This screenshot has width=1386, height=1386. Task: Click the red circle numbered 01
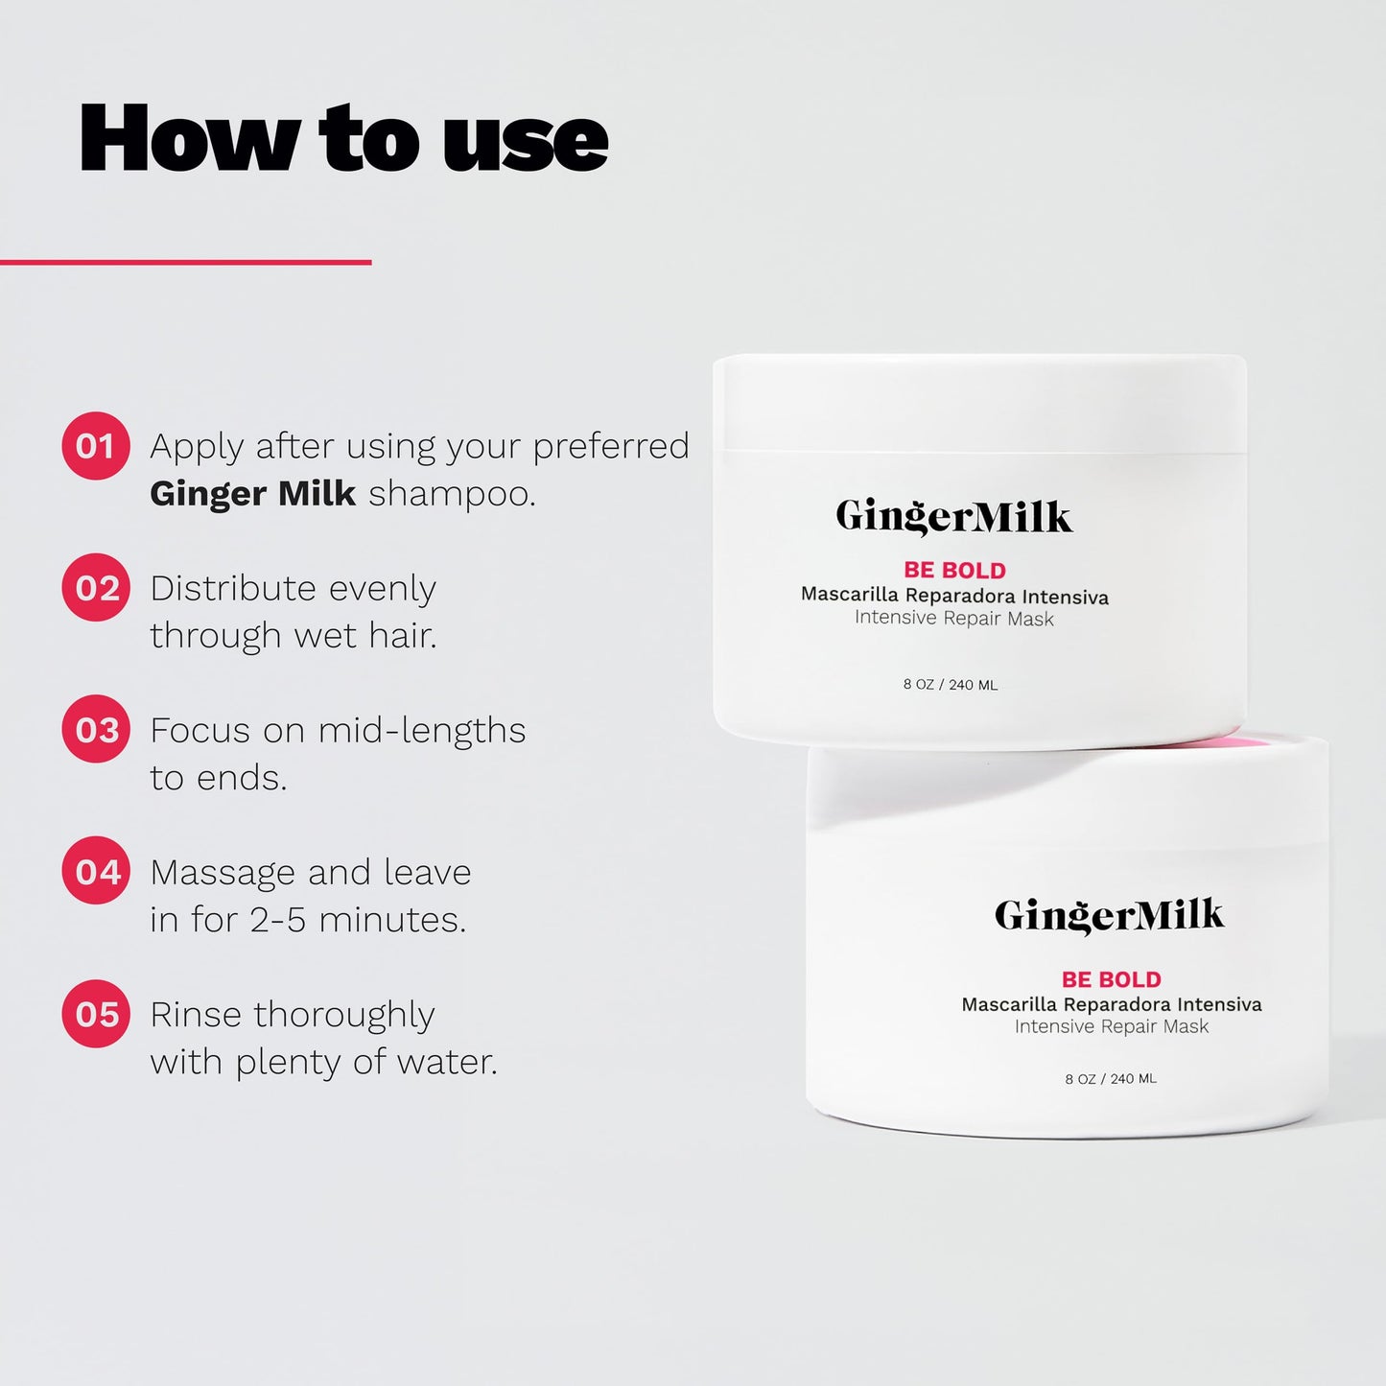point(95,445)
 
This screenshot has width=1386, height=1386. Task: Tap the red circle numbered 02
point(95,587)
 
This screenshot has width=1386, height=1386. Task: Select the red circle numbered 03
point(95,729)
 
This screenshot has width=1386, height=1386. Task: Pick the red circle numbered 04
point(95,871)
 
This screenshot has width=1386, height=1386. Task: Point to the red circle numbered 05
point(95,1013)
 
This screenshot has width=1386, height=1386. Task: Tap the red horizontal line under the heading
point(185,262)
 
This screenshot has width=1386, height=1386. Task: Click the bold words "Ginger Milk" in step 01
point(252,493)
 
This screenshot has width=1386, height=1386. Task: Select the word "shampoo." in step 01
point(452,495)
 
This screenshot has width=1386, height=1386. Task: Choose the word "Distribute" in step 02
point(232,588)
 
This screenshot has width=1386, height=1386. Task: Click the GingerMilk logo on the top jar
point(953,517)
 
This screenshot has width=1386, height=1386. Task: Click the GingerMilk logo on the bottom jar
point(1109,916)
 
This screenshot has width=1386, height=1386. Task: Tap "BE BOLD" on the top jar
point(954,570)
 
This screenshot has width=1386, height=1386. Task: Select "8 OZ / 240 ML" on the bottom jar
point(1111,1079)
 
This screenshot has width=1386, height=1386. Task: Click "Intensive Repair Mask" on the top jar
point(953,619)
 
